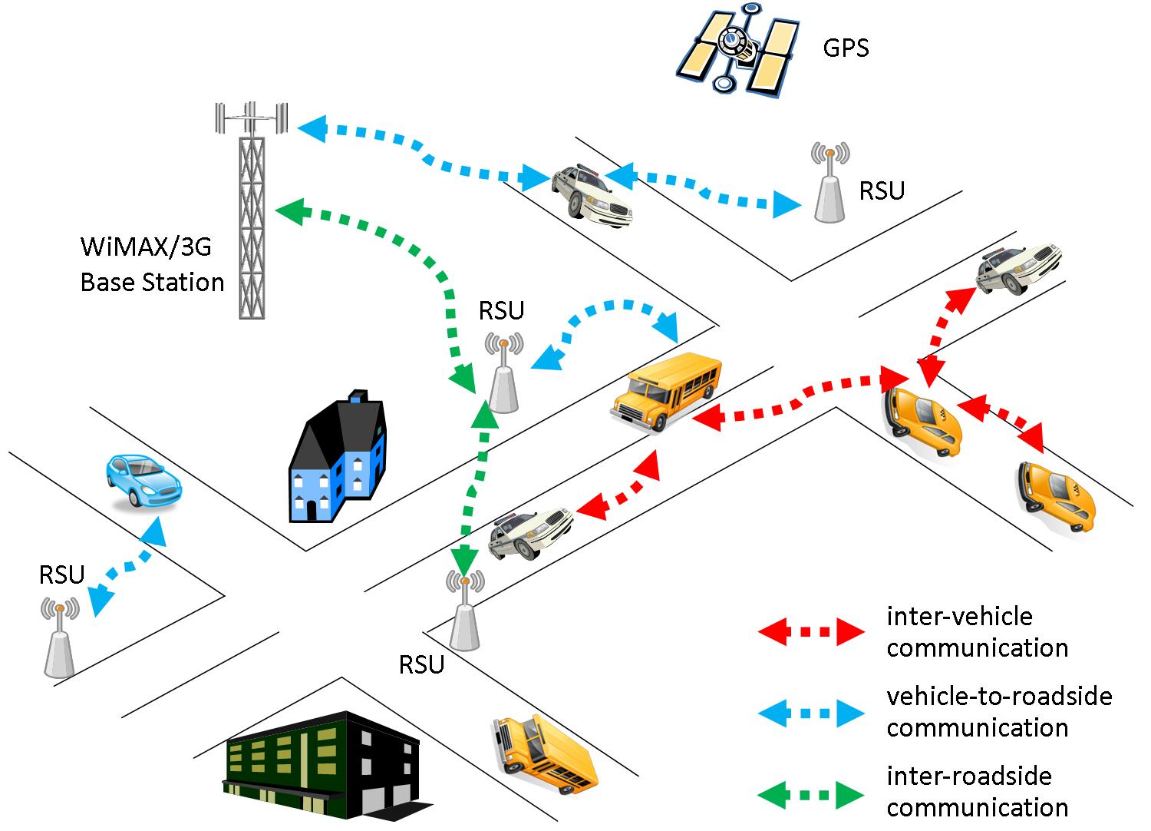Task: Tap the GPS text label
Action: tap(846, 48)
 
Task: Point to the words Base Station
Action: tap(152, 282)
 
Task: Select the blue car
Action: tap(143, 480)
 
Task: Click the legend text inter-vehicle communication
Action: tap(977, 632)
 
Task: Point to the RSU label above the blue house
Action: tap(501, 310)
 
